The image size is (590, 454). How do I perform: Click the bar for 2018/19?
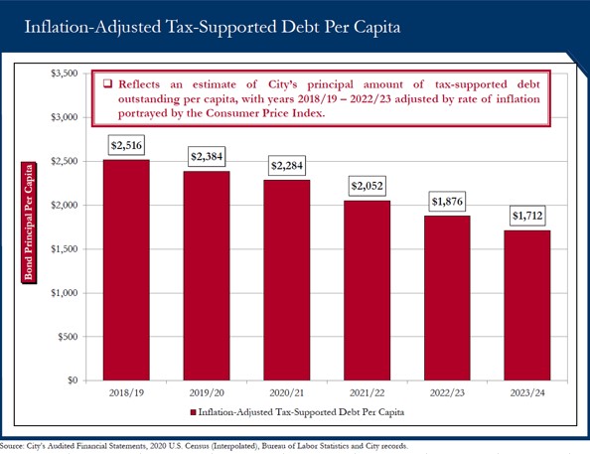point(126,270)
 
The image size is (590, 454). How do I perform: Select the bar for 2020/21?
point(287,280)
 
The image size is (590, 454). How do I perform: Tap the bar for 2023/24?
point(527,305)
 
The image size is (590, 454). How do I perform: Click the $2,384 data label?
point(207,157)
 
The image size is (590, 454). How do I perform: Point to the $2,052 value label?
point(367,186)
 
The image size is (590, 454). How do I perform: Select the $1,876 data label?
point(447,202)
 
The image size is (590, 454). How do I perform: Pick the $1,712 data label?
point(527,216)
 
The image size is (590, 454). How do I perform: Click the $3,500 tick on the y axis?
point(65,74)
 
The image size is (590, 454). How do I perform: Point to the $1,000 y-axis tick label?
point(65,292)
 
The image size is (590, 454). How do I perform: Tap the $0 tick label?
point(73,380)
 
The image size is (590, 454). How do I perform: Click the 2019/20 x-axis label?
point(207,393)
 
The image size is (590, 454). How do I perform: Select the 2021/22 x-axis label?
point(367,393)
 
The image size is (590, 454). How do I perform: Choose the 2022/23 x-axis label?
point(447,393)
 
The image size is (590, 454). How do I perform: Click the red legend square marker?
point(193,412)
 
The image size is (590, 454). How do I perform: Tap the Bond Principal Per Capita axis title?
point(29,223)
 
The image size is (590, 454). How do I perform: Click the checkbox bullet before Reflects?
point(107,83)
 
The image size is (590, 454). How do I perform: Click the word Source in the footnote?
point(11,446)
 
